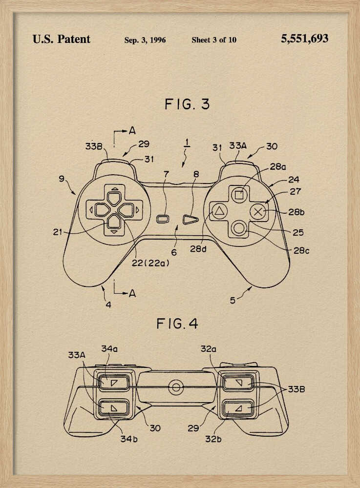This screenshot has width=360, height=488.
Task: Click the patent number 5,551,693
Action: [x=304, y=39]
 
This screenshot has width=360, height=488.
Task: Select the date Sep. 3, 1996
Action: [x=145, y=40]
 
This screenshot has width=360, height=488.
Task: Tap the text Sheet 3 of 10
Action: [x=213, y=40]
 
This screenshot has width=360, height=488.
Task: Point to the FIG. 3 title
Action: [x=187, y=104]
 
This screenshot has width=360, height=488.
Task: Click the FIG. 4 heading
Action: [x=177, y=323]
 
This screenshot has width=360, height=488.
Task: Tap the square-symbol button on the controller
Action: [x=239, y=195]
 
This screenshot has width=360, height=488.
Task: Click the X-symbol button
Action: [x=259, y=212]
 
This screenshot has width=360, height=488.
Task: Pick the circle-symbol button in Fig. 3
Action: [x=239, y=228]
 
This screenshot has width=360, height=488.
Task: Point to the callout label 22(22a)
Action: [x=150, y=263]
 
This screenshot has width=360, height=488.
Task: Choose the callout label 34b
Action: [x=129, y=438]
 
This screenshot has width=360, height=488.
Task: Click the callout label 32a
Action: [x=208, y=349]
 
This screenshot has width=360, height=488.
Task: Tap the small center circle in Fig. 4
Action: [x=175, y=387]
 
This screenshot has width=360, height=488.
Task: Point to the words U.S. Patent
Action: [x=62, y=39]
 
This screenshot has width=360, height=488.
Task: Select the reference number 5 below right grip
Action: [x=233, y=300]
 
